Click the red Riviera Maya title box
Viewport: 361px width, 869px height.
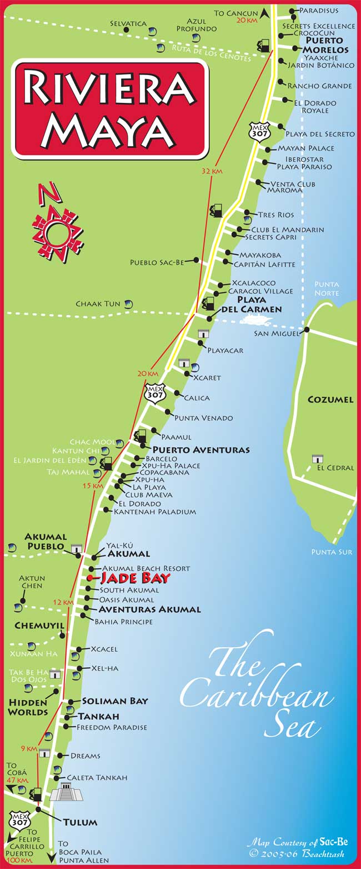(111, 108)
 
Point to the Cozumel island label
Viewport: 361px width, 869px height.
(330, 399)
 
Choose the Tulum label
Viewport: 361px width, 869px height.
(80, 822)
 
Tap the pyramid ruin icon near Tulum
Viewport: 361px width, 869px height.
(66, 792)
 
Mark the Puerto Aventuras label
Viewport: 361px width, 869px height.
(201, 449)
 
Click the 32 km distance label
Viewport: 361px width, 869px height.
(212, 171)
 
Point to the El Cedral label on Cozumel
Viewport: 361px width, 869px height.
(335, 468)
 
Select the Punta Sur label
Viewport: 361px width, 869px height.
(332, 552)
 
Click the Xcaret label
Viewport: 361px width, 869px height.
(207, 378)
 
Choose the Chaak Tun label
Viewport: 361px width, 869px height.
(98, 304)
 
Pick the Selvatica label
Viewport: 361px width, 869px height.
(128, 23)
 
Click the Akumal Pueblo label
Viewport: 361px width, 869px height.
(46, 542)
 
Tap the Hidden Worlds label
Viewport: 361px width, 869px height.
(28, 707)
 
